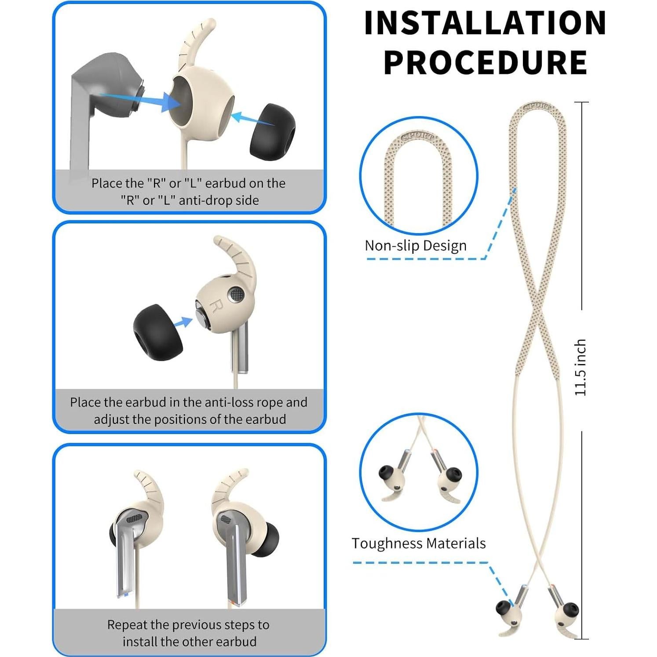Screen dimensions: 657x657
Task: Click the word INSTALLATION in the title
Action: coord(485,23)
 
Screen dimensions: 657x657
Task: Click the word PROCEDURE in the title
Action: coord(485,62)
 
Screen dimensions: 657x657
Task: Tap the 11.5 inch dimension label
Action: coord(580,368)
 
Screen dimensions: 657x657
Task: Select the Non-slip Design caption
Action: coord(416,245)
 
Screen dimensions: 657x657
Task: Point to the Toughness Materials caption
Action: coord(418,544)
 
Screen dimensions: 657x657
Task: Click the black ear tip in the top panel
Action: coord(272,131)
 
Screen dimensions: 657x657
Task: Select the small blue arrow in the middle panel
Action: coord(183,323)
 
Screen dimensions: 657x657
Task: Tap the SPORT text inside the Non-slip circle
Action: coord(418,136)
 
